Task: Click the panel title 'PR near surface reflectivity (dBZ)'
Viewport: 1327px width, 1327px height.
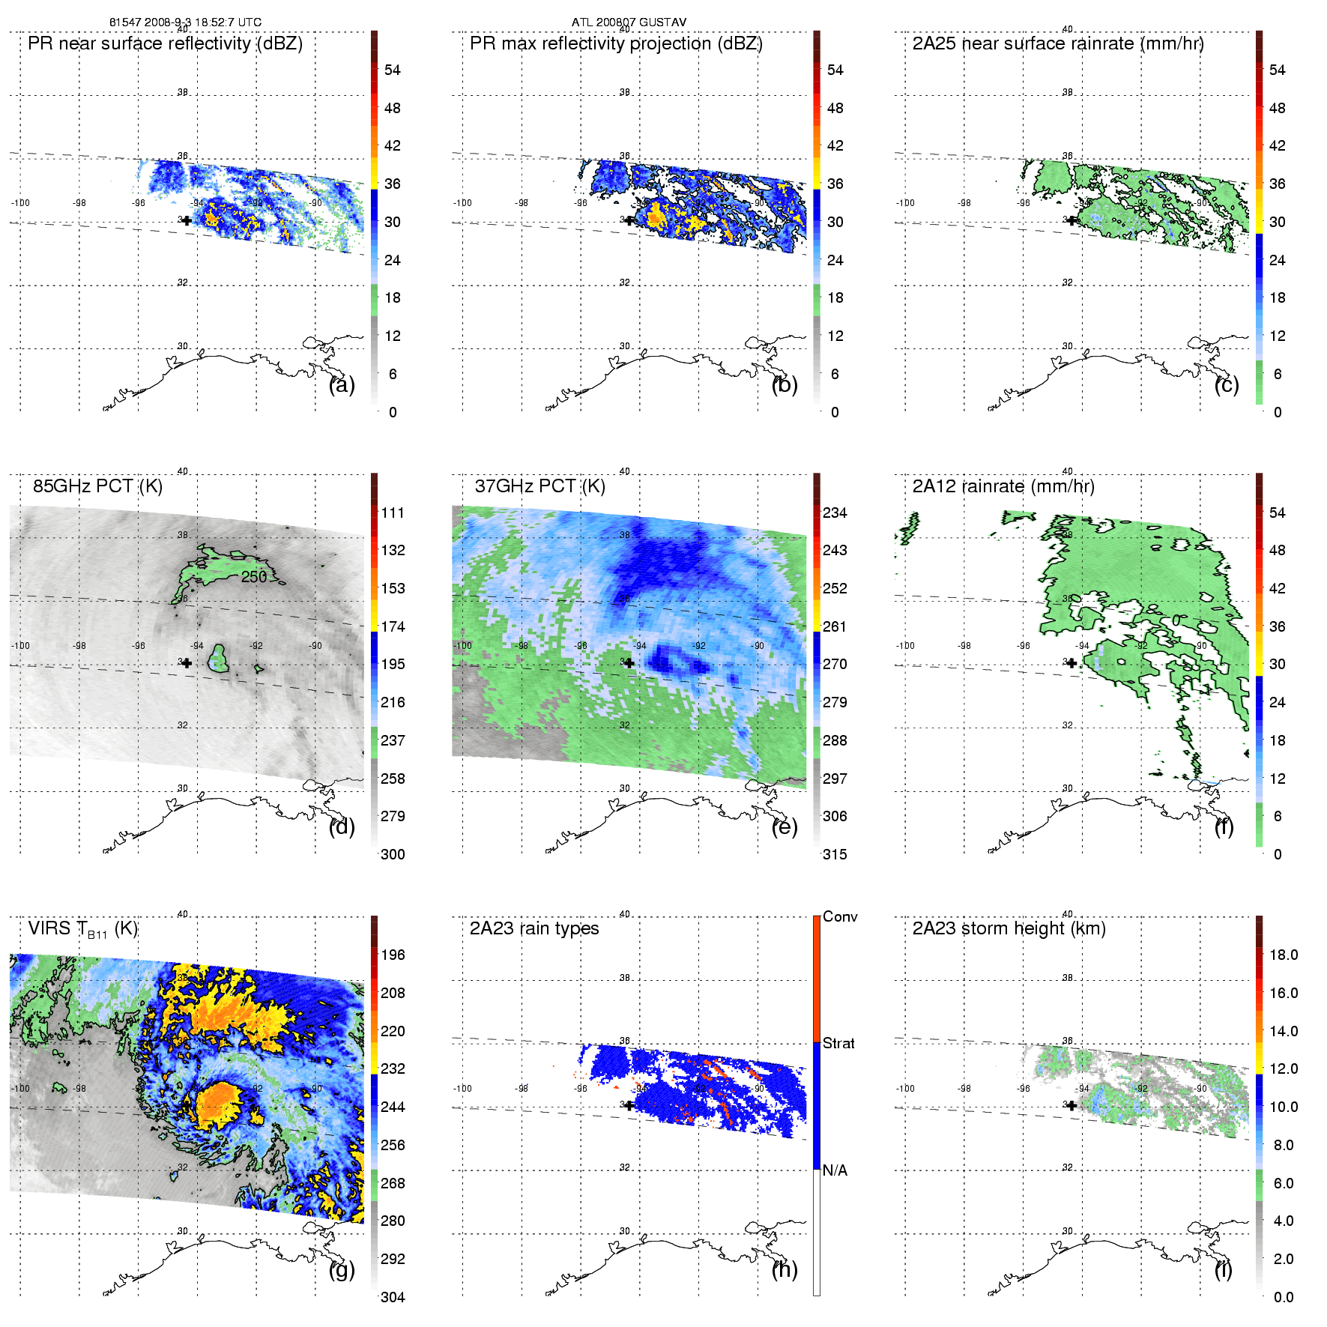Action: point(165,43)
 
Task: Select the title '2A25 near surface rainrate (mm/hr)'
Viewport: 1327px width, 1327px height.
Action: point(1057,43)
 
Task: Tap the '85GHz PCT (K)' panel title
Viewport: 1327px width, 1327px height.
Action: point(97,486)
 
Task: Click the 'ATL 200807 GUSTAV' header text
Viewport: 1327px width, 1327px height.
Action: point(629,22)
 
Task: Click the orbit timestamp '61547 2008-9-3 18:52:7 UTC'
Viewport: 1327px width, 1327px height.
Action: point(185,22)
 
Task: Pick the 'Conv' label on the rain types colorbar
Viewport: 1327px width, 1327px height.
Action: point(840,917)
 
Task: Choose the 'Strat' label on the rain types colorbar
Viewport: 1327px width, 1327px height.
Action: point(838,1044)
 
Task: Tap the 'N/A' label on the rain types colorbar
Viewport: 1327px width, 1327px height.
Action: point(835,1170)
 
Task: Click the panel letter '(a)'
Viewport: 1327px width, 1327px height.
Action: point(342,385)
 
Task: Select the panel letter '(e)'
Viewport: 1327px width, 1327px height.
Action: point(785,827)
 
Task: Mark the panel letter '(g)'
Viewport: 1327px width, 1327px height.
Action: point(342,1269)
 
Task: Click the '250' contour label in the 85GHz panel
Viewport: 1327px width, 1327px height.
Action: point(254,577)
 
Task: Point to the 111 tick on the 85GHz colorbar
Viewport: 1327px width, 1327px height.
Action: point(393,513)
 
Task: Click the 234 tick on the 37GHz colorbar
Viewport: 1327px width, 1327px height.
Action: point(835,513)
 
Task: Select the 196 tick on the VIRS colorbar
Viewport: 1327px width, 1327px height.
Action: point(393,955)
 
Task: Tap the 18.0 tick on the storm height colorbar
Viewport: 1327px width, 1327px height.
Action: point(1283,955)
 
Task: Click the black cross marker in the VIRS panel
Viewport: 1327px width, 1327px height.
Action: point(187,1105)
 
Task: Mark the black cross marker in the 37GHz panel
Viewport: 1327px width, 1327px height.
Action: point(629,663)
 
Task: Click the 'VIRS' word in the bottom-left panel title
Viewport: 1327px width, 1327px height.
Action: point(49,928)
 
